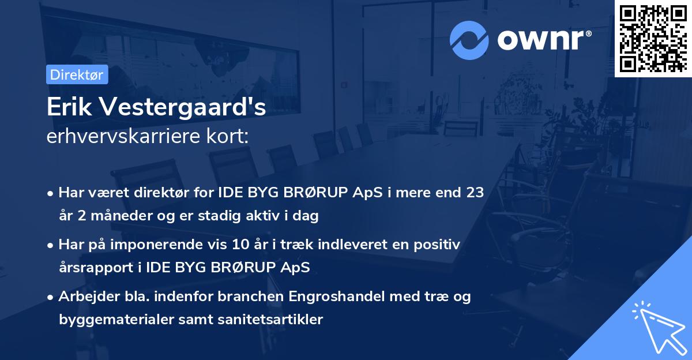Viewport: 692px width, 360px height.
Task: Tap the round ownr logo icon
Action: coord(469,40)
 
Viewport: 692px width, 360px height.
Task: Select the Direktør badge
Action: coord(77,74)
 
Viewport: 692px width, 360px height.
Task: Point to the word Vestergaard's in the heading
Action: coord(182,108)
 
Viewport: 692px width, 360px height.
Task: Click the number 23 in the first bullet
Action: coord(475,193)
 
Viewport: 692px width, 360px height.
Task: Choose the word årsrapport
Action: coord(94,268)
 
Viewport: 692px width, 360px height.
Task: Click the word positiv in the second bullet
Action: coord(437,245)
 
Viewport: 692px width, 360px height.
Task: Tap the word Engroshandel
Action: coord(326,297)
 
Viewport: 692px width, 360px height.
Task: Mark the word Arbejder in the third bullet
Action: coord(84,297)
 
